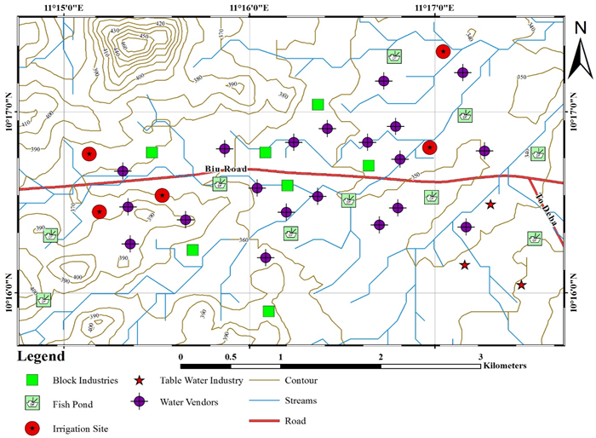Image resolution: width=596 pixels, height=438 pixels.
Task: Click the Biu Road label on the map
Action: pyautogui.click(x=226, y=170)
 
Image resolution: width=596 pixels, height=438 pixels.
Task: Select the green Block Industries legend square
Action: pyautogui.click(x=34, y=381)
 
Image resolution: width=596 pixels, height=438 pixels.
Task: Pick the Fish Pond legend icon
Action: pyautogui.click(x=34, y=405)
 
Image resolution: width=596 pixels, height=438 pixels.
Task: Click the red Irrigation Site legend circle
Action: pyautogui.click(x=34, y=428)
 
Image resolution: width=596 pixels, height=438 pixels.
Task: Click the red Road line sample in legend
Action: pyautogui.click(x=266, y=421)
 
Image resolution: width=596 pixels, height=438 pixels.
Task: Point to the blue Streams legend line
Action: pyautogui.click(x=266, y=401)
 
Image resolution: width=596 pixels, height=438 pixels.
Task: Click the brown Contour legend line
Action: pyautogui.click(x=266, y=381)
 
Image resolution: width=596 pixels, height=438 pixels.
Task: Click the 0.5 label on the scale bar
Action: pyautogui.click(x=230, y=355)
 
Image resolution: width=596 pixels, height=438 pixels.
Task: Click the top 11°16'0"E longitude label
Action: pyautogui.click(x=249, y=8)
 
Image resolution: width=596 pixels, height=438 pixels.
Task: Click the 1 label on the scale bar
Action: pyautogui.click(x=280, y=355)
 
